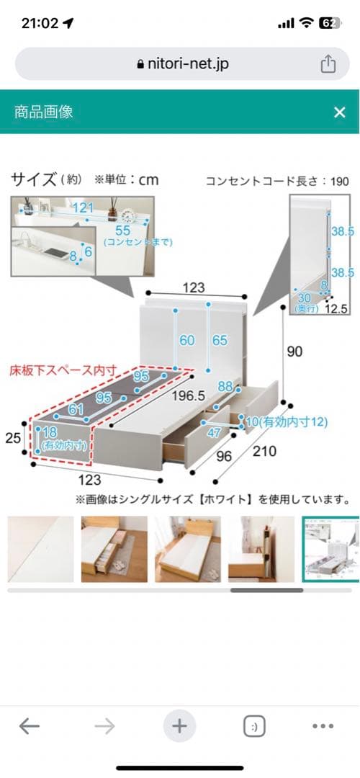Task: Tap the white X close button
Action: tap(340, 112)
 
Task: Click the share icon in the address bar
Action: tap(328, 64)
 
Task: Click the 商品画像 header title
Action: tap(44, 112)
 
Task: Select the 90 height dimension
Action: tap(295, 352)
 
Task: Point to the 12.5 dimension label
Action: tap(336, 308)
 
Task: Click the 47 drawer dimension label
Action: tap(214, 432)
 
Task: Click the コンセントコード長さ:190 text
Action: tap(277, 181)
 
